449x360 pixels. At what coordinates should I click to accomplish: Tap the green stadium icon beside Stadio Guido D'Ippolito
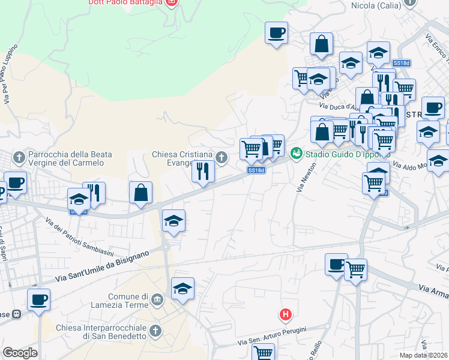click(x=296, y=154)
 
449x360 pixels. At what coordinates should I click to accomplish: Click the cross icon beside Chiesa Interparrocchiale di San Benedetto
click(x=155, y=331)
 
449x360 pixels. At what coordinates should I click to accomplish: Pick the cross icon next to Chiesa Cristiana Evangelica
click(x=221, y=158)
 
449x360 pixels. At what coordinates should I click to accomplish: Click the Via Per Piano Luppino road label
click(x=10, y=74)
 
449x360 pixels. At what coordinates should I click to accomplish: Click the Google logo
click(x=20, y=353)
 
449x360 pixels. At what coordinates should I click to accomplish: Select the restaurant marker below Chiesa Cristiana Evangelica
click(x=203, y=171)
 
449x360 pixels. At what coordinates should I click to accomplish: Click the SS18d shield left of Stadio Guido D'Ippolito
click(x=256, y=170)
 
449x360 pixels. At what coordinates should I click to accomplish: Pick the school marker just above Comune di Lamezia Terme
click(x=182, y=289)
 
